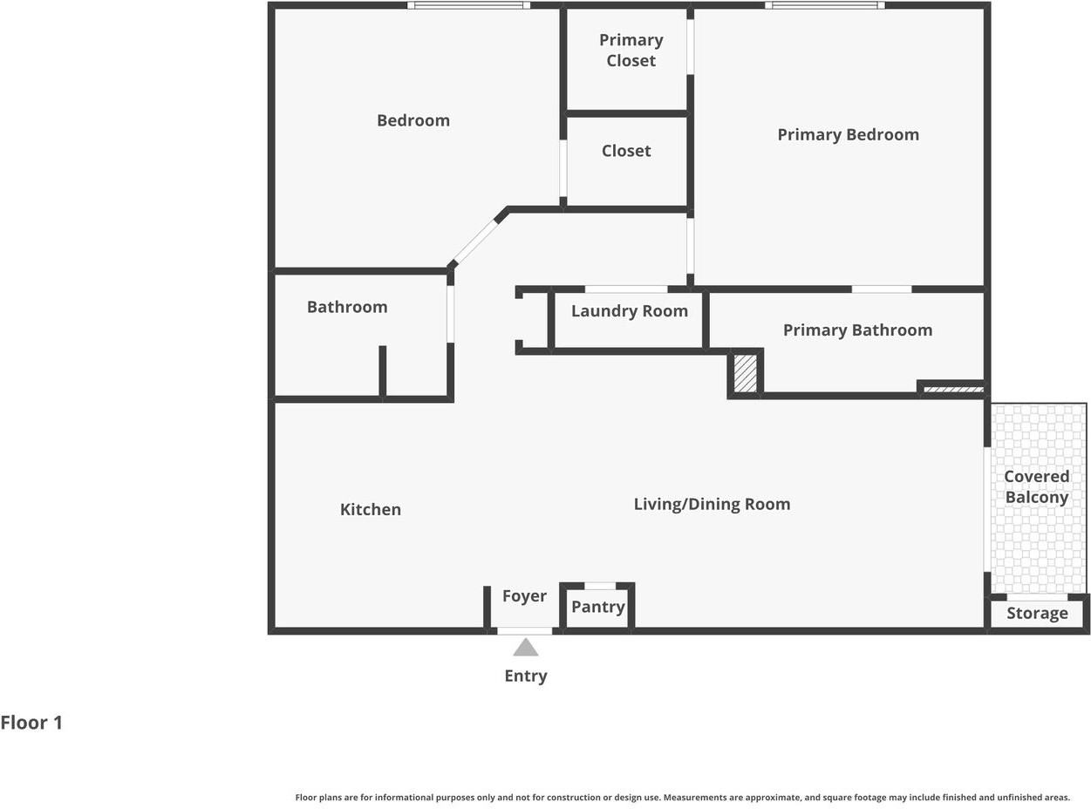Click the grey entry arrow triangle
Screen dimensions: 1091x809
pyautogui.click(x=525, y=647)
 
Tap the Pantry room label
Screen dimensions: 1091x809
pyautogui.click(x=597, y=607)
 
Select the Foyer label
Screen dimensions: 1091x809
pyautogui.click(x=524, y=596)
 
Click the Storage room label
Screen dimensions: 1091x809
pyautogui.click(x=1037, y=613)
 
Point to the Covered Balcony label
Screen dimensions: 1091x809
pyautogui.click(x=1036, y=486)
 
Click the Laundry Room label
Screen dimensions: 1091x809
pyautogui.click(x=629, y=311)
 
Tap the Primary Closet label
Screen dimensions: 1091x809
pyautogui.click(x=631, y=51)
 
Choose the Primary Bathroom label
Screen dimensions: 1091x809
pyautogui.click(x=857, y=330)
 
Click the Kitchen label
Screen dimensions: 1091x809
pyautogui.click(x=371, y=509)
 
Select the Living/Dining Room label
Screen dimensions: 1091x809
pyautogui.click(x=712, y=504)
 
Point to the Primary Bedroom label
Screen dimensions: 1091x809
pyautogui.click(x=848, y=135)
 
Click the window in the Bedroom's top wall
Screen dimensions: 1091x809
pyautogui.click(x=468, y=5)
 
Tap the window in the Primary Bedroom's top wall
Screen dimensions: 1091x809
pyautogui.click(x=824, y=5)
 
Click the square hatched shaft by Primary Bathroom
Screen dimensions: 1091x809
pyautogui.click(x=745, y=374)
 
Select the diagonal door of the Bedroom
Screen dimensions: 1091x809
pyautogui.click(x=475, y=242)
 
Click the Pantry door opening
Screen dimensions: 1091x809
pyautogui.click(x=600, y=586)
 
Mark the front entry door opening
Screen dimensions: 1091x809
pyautogui.click(x=524, y=631)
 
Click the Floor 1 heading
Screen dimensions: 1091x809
pyautogui.click(x=31, y=723)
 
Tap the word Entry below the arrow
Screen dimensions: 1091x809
pyautogui.click(x=525, y=676)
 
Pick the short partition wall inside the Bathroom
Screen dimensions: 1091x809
pyautogui.click(x=382, y=371)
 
